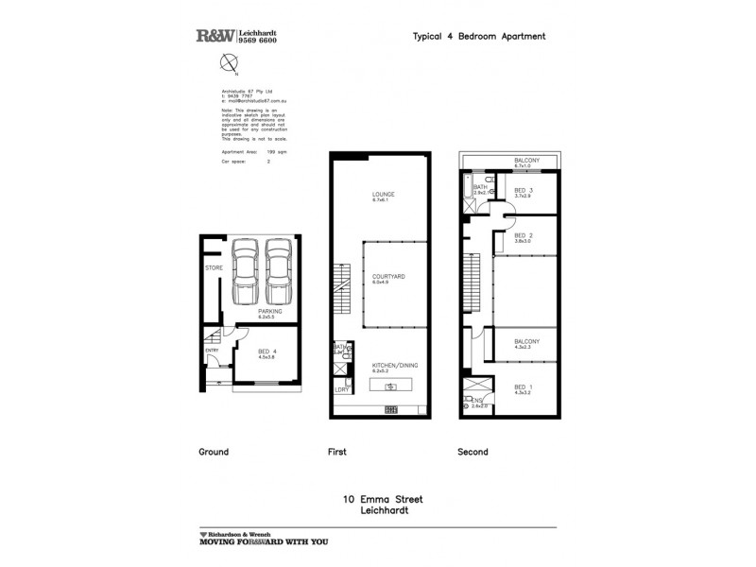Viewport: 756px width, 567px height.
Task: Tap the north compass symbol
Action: point(228,63)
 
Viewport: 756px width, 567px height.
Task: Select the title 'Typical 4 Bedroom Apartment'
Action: point(479,37)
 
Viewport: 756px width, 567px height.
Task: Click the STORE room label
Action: point(214,268)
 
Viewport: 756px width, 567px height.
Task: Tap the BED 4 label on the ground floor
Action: point(267,352)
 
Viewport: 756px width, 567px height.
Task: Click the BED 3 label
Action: point(524,190)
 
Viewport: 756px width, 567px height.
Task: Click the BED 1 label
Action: point(524,387)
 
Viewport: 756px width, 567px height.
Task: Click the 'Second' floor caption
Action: point(472,452)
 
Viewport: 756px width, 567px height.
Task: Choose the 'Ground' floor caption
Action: point(214,452)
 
